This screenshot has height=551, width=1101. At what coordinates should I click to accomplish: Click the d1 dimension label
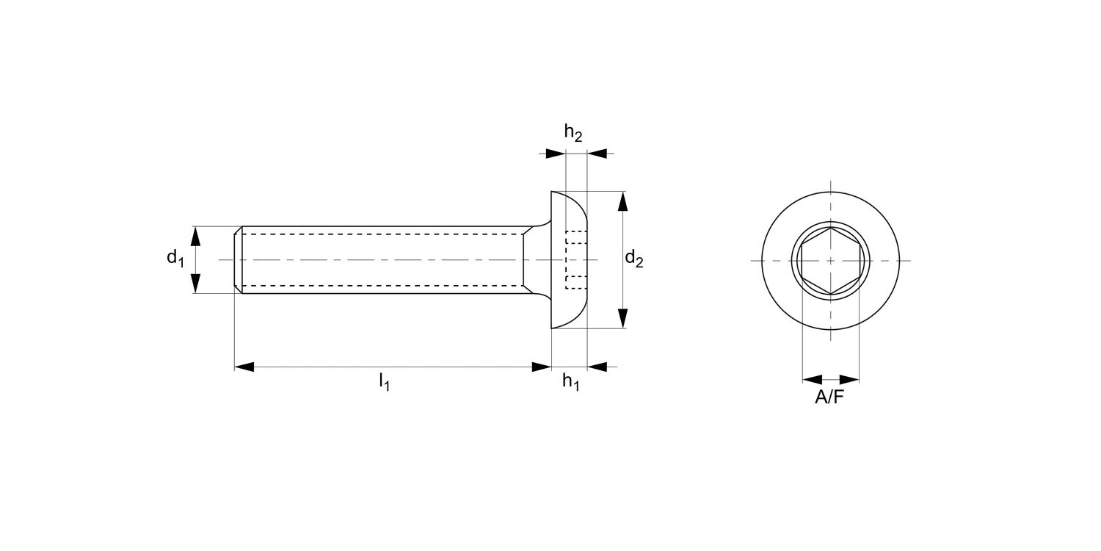pyautogui.click(x=175, y=257)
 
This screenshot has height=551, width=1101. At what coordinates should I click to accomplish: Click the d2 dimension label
pyautogui.click(x=633, y=259)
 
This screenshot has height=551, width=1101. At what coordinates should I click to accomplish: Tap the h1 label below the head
pyautogui.click(x=571, y=381)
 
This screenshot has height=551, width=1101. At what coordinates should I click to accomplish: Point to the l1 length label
pyautogui.click(x=384, y=381)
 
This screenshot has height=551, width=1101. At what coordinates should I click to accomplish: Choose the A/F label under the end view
pyautogui.click(x=830, y=397)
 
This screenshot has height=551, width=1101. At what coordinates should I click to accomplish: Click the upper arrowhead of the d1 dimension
pyautogui.click(x=196, y=236)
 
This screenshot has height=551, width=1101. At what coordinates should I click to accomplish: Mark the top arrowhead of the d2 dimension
pyautogui.click(x=622, y=201)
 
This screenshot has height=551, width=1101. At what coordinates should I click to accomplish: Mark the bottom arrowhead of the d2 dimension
pyautogui.click(x=622, y=318)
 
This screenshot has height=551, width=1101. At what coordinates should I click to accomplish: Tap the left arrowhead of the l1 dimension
pyautogui.click(x=244, y=367)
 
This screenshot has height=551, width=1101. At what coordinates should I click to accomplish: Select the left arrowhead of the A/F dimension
pyautogui.click(x=812, y=380)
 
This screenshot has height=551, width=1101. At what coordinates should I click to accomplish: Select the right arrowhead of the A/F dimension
pyautogui.click(x=849, y=380)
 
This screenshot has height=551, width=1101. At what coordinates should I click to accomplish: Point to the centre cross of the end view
pyautogui.click(x=830, y=261)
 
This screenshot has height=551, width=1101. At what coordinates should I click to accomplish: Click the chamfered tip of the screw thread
pyautogui.click(x=238, y=260)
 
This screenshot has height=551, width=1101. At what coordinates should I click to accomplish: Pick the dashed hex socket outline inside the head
pyautogui.click(x=575, y=260)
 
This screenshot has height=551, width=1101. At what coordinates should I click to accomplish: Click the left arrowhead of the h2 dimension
pyautogui.click(x=556, y=154)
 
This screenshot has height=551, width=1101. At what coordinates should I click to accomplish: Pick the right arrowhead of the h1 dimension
pyautogui.click(x=597, y=367)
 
